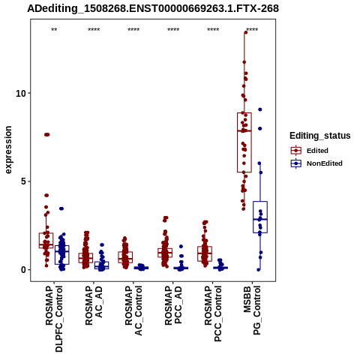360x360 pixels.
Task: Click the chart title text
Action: click(153, 8)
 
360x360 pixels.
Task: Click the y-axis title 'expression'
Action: click(8, 150)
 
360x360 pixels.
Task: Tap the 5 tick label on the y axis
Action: click(24, 181)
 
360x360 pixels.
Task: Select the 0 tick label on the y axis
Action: click(24, 270)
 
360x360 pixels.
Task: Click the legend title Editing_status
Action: click(320, 136)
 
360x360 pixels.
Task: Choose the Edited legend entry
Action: click(317, 151)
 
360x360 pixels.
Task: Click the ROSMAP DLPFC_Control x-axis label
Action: click(54, 319)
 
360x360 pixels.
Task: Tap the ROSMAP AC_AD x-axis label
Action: click(94, 305)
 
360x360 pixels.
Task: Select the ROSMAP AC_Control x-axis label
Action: click(133, 310)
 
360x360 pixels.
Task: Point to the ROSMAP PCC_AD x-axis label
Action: click(173, 305)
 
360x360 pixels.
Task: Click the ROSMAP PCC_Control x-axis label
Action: click(213, 313)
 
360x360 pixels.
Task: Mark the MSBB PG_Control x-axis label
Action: click(252, 310)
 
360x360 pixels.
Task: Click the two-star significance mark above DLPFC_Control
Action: click(54, 30)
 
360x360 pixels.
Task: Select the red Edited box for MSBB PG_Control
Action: click(244, 142)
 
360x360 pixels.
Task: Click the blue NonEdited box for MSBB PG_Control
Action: click(260, 217)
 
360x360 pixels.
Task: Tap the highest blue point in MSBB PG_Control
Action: click(260, 109)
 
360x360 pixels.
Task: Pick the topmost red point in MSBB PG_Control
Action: click(246, 32)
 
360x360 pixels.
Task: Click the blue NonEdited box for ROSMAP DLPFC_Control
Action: click(62, 255)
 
